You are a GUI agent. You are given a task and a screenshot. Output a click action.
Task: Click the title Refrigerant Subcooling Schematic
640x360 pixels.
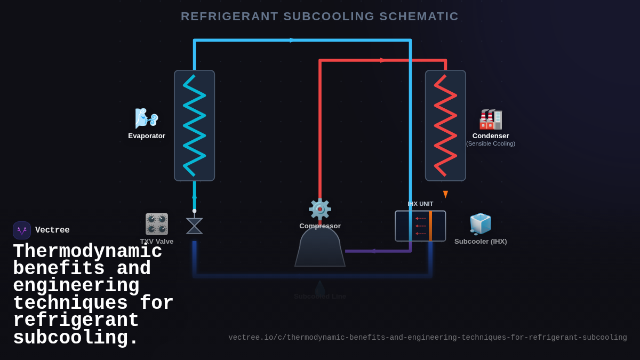[x=319, y=17]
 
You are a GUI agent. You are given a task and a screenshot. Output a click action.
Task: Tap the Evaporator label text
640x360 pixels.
[x=147, y=136]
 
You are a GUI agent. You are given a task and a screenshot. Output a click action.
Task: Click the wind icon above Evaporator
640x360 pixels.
[x=146, y=118]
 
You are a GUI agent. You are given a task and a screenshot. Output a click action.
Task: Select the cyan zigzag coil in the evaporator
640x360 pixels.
[x=194, y=126]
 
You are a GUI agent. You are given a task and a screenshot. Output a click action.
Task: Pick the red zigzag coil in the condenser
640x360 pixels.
[x=445, y=126]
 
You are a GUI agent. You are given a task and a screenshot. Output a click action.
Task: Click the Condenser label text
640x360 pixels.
[x=490, y=136]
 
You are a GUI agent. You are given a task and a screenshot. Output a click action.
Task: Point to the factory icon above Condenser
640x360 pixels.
[x=490, y=119]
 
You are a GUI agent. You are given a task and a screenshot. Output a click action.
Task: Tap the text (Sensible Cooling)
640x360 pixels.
[x=490, y=144]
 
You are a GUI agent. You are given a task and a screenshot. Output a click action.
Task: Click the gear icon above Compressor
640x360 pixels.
[x=320, y=209]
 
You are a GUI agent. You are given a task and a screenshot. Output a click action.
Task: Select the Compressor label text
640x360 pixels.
[x=320, y=226]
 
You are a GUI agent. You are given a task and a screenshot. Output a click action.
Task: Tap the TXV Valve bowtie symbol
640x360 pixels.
[x=194, y=226]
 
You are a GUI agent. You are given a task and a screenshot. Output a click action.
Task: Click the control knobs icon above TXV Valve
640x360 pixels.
[x=157, y=224]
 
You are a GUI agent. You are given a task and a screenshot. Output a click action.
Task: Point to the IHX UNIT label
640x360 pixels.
[x=420, y=204]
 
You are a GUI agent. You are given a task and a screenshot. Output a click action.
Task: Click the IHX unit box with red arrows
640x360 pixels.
[x=420, y=226]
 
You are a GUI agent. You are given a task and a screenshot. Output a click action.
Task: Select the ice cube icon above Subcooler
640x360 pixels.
[x=480, y=224]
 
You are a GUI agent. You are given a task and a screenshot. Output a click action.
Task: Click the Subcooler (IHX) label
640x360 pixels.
[x=481, y=242]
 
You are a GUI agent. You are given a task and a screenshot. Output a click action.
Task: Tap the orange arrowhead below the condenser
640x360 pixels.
[x=445, y=194]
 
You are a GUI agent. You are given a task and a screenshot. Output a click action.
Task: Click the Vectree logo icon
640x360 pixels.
[x=22, y=230]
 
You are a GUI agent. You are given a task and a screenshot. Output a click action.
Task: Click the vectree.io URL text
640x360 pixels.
[x=427, y=338]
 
